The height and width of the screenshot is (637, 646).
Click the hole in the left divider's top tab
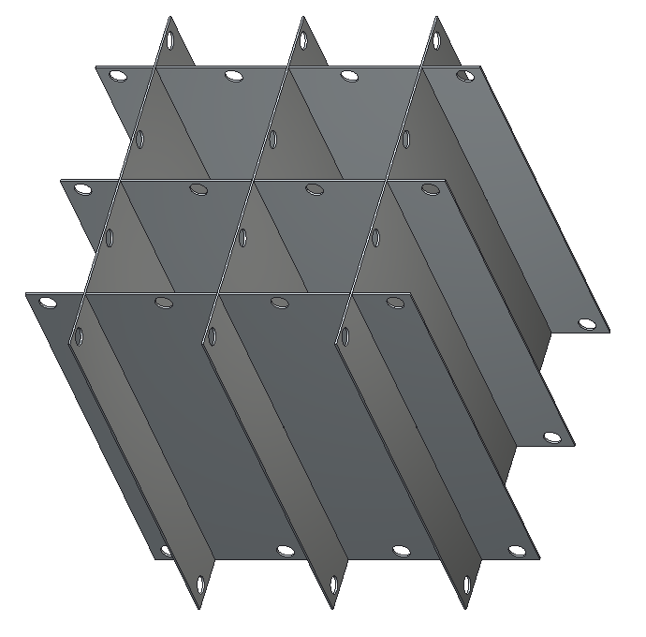[170, 41]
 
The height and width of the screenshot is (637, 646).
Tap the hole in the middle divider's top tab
[303, 39]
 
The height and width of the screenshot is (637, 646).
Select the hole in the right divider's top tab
[436, 40]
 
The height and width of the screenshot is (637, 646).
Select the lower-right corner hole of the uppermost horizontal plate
[587, 323]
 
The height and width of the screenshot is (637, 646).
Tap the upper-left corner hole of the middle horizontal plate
[83, 189]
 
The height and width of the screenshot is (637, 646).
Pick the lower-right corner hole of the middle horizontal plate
[552, 437]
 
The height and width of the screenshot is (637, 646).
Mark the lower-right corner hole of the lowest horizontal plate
[516, 551]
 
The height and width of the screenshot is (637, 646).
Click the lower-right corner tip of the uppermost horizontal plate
[609, 332]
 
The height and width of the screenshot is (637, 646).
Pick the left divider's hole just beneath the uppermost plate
[139, 140]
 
